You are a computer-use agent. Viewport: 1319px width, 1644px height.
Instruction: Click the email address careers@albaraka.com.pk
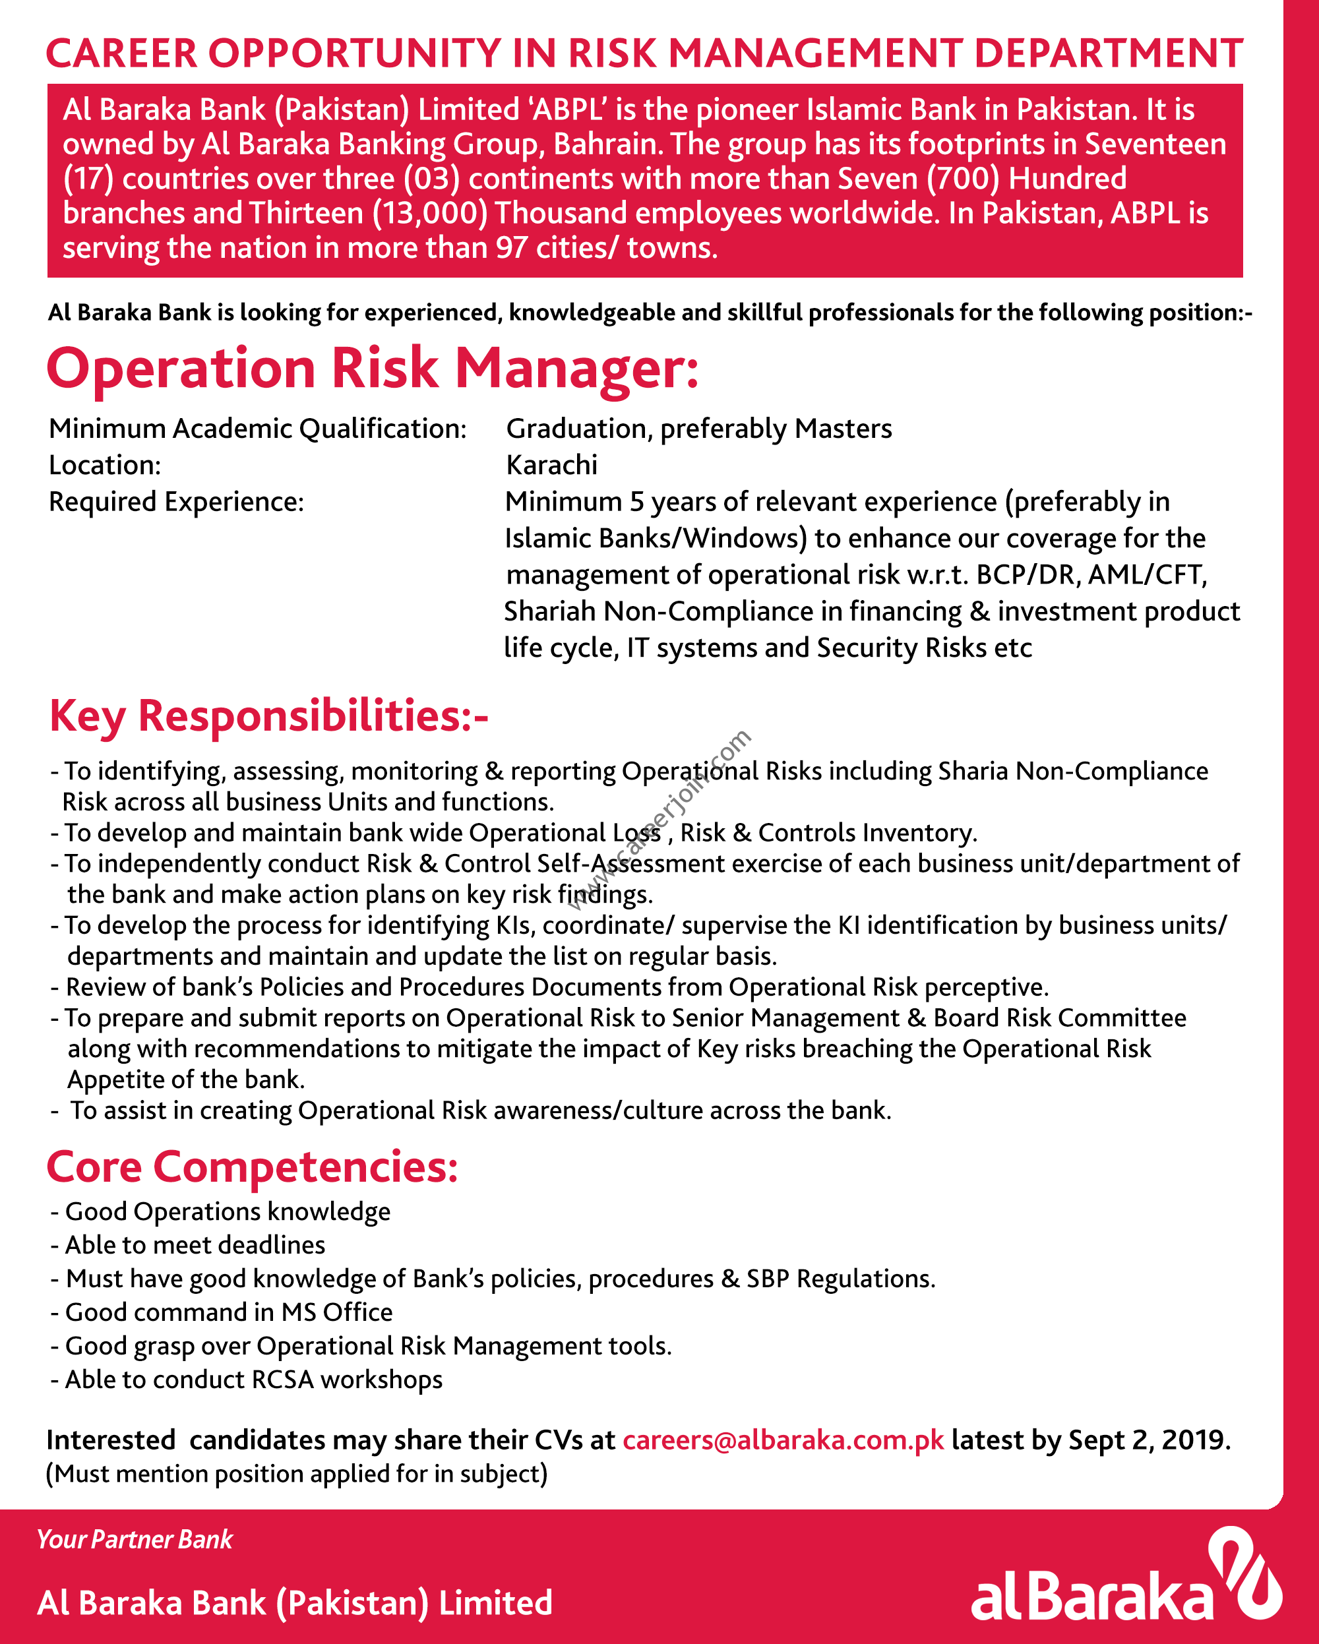(x=783, y=1440)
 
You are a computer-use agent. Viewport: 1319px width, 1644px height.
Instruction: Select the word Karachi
(x=552, y=465)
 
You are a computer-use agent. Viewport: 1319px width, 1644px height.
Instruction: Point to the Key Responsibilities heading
(x=268, y=717)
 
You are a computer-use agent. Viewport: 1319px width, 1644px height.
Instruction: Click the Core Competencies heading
(x=253, y=1167)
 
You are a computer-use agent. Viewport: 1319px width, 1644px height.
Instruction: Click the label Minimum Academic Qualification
(x=258, y=429)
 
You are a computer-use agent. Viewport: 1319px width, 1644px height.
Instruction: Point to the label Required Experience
(x=176, y=502)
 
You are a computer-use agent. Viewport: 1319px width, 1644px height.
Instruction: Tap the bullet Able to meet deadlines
(x=195, y=1245)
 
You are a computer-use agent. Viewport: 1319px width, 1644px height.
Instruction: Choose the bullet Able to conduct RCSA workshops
(x=253, y=1380)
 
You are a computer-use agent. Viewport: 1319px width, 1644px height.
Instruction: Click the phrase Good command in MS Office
(x=229, y=1312)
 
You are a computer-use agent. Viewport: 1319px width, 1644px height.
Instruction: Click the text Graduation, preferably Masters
(x=699, y=429)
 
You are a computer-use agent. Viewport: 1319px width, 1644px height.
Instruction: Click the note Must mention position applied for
(x=297, y=1473)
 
